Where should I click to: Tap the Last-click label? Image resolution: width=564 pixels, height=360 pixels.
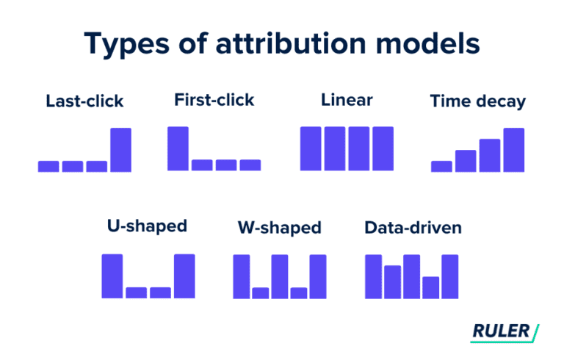click(x=84, y=101)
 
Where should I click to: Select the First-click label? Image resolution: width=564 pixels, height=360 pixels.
click(x=214, y=99)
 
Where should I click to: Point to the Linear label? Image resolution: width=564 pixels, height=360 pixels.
click(x=347, y=99)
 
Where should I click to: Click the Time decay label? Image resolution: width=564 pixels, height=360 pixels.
click(x=477, y=101)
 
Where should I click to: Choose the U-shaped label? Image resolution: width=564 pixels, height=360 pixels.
click(x=147, y=226)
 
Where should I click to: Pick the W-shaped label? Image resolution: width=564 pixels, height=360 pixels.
click(x=280, y=228)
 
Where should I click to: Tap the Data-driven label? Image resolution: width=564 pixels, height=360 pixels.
click(x=413, y=228)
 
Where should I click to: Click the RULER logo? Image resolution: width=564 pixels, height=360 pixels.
click(x=504, y=331)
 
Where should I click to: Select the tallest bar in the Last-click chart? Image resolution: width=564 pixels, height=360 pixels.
click(x=120, y=150)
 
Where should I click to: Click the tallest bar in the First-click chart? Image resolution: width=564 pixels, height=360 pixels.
click(x=178, y=148)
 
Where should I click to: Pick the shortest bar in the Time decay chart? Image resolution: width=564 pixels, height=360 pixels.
click(x=441, y=166)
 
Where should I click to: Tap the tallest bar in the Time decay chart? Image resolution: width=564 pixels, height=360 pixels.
click(x=514, y=150)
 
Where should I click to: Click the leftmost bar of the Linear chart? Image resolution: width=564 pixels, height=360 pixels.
click(x=311, y=149)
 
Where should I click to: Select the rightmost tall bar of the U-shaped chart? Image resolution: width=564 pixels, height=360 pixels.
click(x=184, y=276)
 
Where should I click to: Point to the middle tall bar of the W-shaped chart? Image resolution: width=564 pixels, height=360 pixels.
click(x=280, y=276)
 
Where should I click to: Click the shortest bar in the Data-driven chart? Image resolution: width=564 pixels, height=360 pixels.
click(x=430, y=287)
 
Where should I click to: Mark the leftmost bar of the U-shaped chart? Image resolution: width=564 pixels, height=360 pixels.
click(x=112, y=276)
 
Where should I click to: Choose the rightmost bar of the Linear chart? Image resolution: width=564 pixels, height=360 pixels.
click(x=383, y=149)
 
